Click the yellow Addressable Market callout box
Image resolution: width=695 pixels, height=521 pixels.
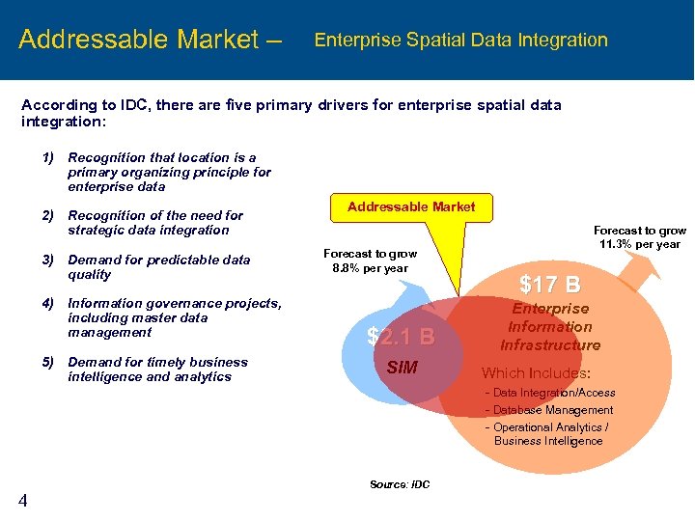pos(411,206)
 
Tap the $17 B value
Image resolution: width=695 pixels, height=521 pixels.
pos(550,285)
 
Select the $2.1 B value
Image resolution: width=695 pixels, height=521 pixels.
pos(401,337)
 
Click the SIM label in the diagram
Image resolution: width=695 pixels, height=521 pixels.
pos(402,367)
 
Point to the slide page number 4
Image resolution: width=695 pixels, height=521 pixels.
pos(22,499)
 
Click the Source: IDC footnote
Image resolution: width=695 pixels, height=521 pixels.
pos(400,484)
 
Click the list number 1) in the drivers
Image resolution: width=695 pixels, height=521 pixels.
pos(47,157)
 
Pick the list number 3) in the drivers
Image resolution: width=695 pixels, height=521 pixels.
pos(47,260)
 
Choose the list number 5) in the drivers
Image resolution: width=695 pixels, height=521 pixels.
pos(47,362)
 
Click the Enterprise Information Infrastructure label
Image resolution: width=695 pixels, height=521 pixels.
pos(550,327)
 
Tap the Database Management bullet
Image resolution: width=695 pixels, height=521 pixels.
pos(552,410)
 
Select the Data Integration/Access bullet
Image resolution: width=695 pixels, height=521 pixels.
pos(553,393)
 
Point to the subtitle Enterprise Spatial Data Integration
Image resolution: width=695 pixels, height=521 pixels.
pos(461,41)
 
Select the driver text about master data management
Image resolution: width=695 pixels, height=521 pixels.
pos(174,317)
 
